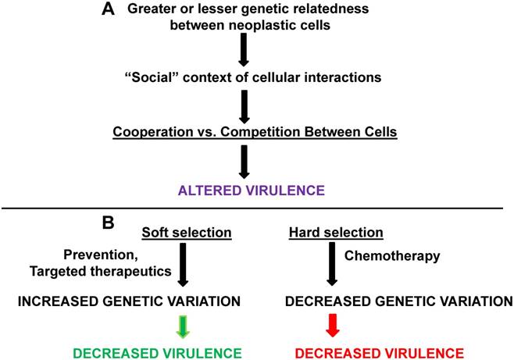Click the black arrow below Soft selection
(x=183, y=263)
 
